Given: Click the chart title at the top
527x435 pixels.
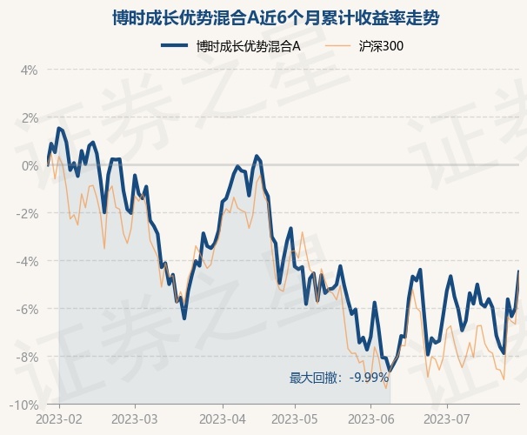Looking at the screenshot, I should coord(263,17).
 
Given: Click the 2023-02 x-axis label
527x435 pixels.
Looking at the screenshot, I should coord(60,418).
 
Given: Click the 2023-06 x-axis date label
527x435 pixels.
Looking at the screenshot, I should coord(370,418).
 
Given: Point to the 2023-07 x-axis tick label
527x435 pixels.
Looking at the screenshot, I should coord(446,418).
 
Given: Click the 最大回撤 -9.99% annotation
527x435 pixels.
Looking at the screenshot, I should coord(339,378).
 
